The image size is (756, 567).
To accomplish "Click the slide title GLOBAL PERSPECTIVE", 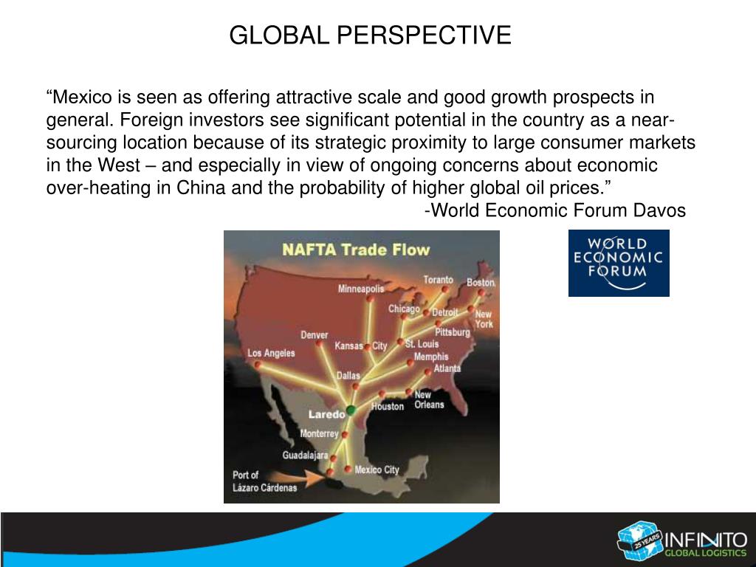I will point(370,35).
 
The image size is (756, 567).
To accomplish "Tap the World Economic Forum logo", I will point(619,263).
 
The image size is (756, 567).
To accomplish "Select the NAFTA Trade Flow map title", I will point(355,250).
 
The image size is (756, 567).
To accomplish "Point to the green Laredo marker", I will point(351,410).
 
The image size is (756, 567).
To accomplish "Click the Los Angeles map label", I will point(271,353).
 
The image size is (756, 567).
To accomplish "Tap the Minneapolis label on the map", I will point(361,289).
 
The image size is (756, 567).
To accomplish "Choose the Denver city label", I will point(315,335).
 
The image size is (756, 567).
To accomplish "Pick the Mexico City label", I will point(377,470).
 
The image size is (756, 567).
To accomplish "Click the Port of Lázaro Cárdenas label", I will point(255,481).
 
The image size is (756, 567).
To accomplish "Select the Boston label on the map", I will point(480,283).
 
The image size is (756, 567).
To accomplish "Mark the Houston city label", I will point(388,407).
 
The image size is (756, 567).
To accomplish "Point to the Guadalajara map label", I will point(304,456).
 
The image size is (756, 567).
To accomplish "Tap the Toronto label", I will point(438,280).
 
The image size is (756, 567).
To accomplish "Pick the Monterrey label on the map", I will point(319,434).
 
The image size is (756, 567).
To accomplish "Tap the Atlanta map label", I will point(447,368).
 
